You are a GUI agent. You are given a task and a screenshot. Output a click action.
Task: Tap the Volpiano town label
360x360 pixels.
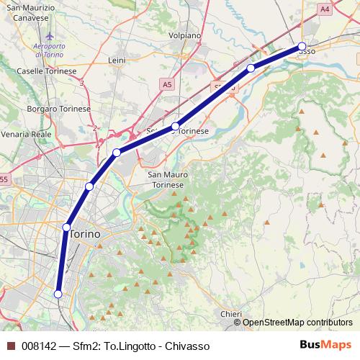[x=185, y=34]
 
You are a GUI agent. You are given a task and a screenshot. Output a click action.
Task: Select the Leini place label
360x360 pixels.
[x=117, y=60]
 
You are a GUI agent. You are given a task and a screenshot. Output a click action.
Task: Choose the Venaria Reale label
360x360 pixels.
[x=27, y=134]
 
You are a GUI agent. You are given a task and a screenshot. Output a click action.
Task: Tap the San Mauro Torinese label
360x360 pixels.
[x=166, y=179]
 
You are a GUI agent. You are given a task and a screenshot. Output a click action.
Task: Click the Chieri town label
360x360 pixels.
[x=231, y=314]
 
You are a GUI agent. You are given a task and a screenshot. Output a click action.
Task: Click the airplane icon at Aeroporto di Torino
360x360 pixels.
[x=49, y=36]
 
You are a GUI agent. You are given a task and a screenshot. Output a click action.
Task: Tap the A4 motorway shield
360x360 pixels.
[x=325, y=9]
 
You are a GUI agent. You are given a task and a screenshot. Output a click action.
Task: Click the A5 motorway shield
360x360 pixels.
[x=167, y=84]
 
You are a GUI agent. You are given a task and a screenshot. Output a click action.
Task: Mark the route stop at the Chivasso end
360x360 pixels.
[x=302, y=48]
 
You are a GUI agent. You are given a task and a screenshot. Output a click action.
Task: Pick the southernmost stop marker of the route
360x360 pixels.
[x=58, y=294]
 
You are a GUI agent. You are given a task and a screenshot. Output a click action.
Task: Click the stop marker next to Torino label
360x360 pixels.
[x=66, y=228]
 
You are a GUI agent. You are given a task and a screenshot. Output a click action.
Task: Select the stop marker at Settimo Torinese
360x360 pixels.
[x=175, y=127]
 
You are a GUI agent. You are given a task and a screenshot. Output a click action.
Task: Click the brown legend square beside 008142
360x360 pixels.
[x=11, y=345]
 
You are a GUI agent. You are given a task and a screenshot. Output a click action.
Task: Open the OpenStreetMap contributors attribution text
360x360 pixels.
[x=297, y=323]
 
